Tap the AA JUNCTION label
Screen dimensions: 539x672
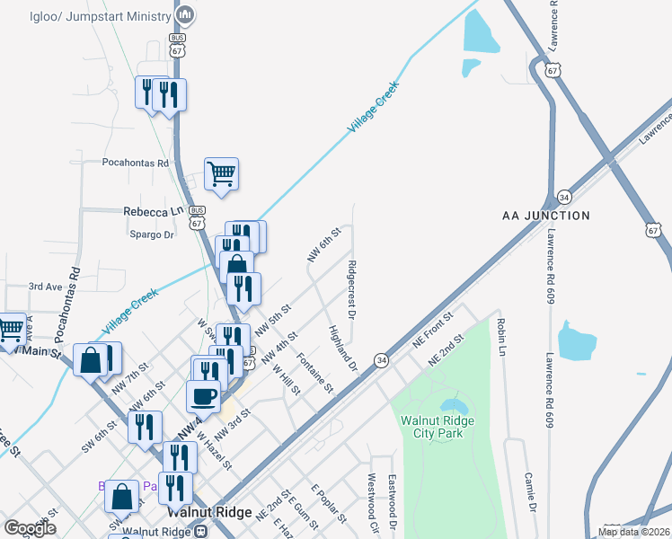pos(545,216)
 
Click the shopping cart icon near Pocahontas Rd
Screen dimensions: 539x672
pos(221,174)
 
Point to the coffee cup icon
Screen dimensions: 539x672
pos(203,396)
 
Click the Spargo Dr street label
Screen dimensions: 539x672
pos(151,234)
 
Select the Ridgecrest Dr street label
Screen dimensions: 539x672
pos(351,289)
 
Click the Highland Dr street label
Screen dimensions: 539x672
pos(343,349)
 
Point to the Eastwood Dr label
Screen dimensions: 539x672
pos(392,497)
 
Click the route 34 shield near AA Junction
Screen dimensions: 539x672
pos(563,196)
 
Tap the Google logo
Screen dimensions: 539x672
pos(30,528)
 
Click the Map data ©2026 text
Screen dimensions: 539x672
pos(632,532)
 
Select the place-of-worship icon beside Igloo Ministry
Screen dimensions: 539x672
pos(185,15)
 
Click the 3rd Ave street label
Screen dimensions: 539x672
pos(44,287)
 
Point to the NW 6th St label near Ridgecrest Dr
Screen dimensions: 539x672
pos(322,245)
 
